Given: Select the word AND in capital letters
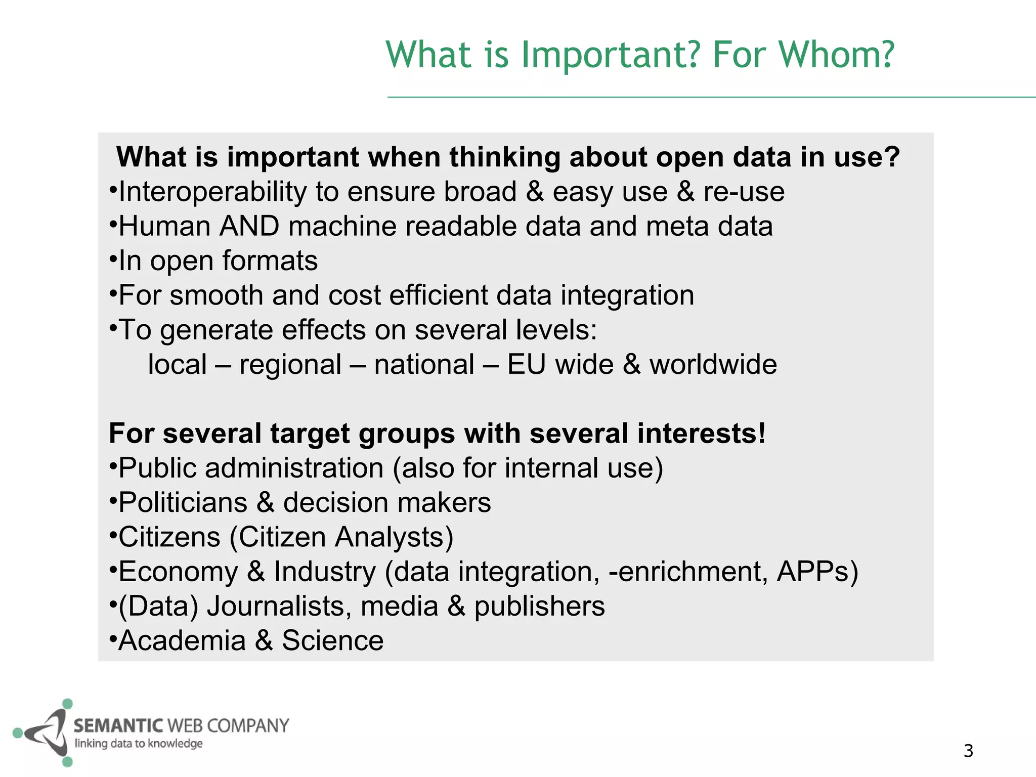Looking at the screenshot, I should tap(249, 226).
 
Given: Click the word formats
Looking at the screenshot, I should tap(270, 261).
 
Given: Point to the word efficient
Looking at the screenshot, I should tap(438, 295).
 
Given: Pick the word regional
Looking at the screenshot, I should tap(290, 365).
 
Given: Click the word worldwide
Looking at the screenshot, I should tap(713, 365).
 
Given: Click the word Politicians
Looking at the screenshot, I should tap(183, 503).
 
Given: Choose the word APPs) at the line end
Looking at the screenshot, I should tap(817, 572).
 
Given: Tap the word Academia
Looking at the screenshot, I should tap(182, 641).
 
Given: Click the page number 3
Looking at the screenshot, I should tap(968, 751).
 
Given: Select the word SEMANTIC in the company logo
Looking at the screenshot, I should tap(118, 726).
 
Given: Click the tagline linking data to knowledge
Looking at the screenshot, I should tap(139, 744).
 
